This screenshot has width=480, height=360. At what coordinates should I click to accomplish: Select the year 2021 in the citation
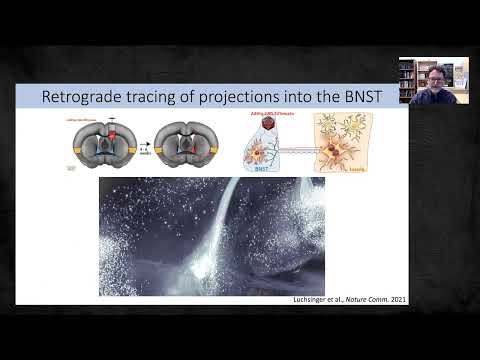[x=397, y=299]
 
